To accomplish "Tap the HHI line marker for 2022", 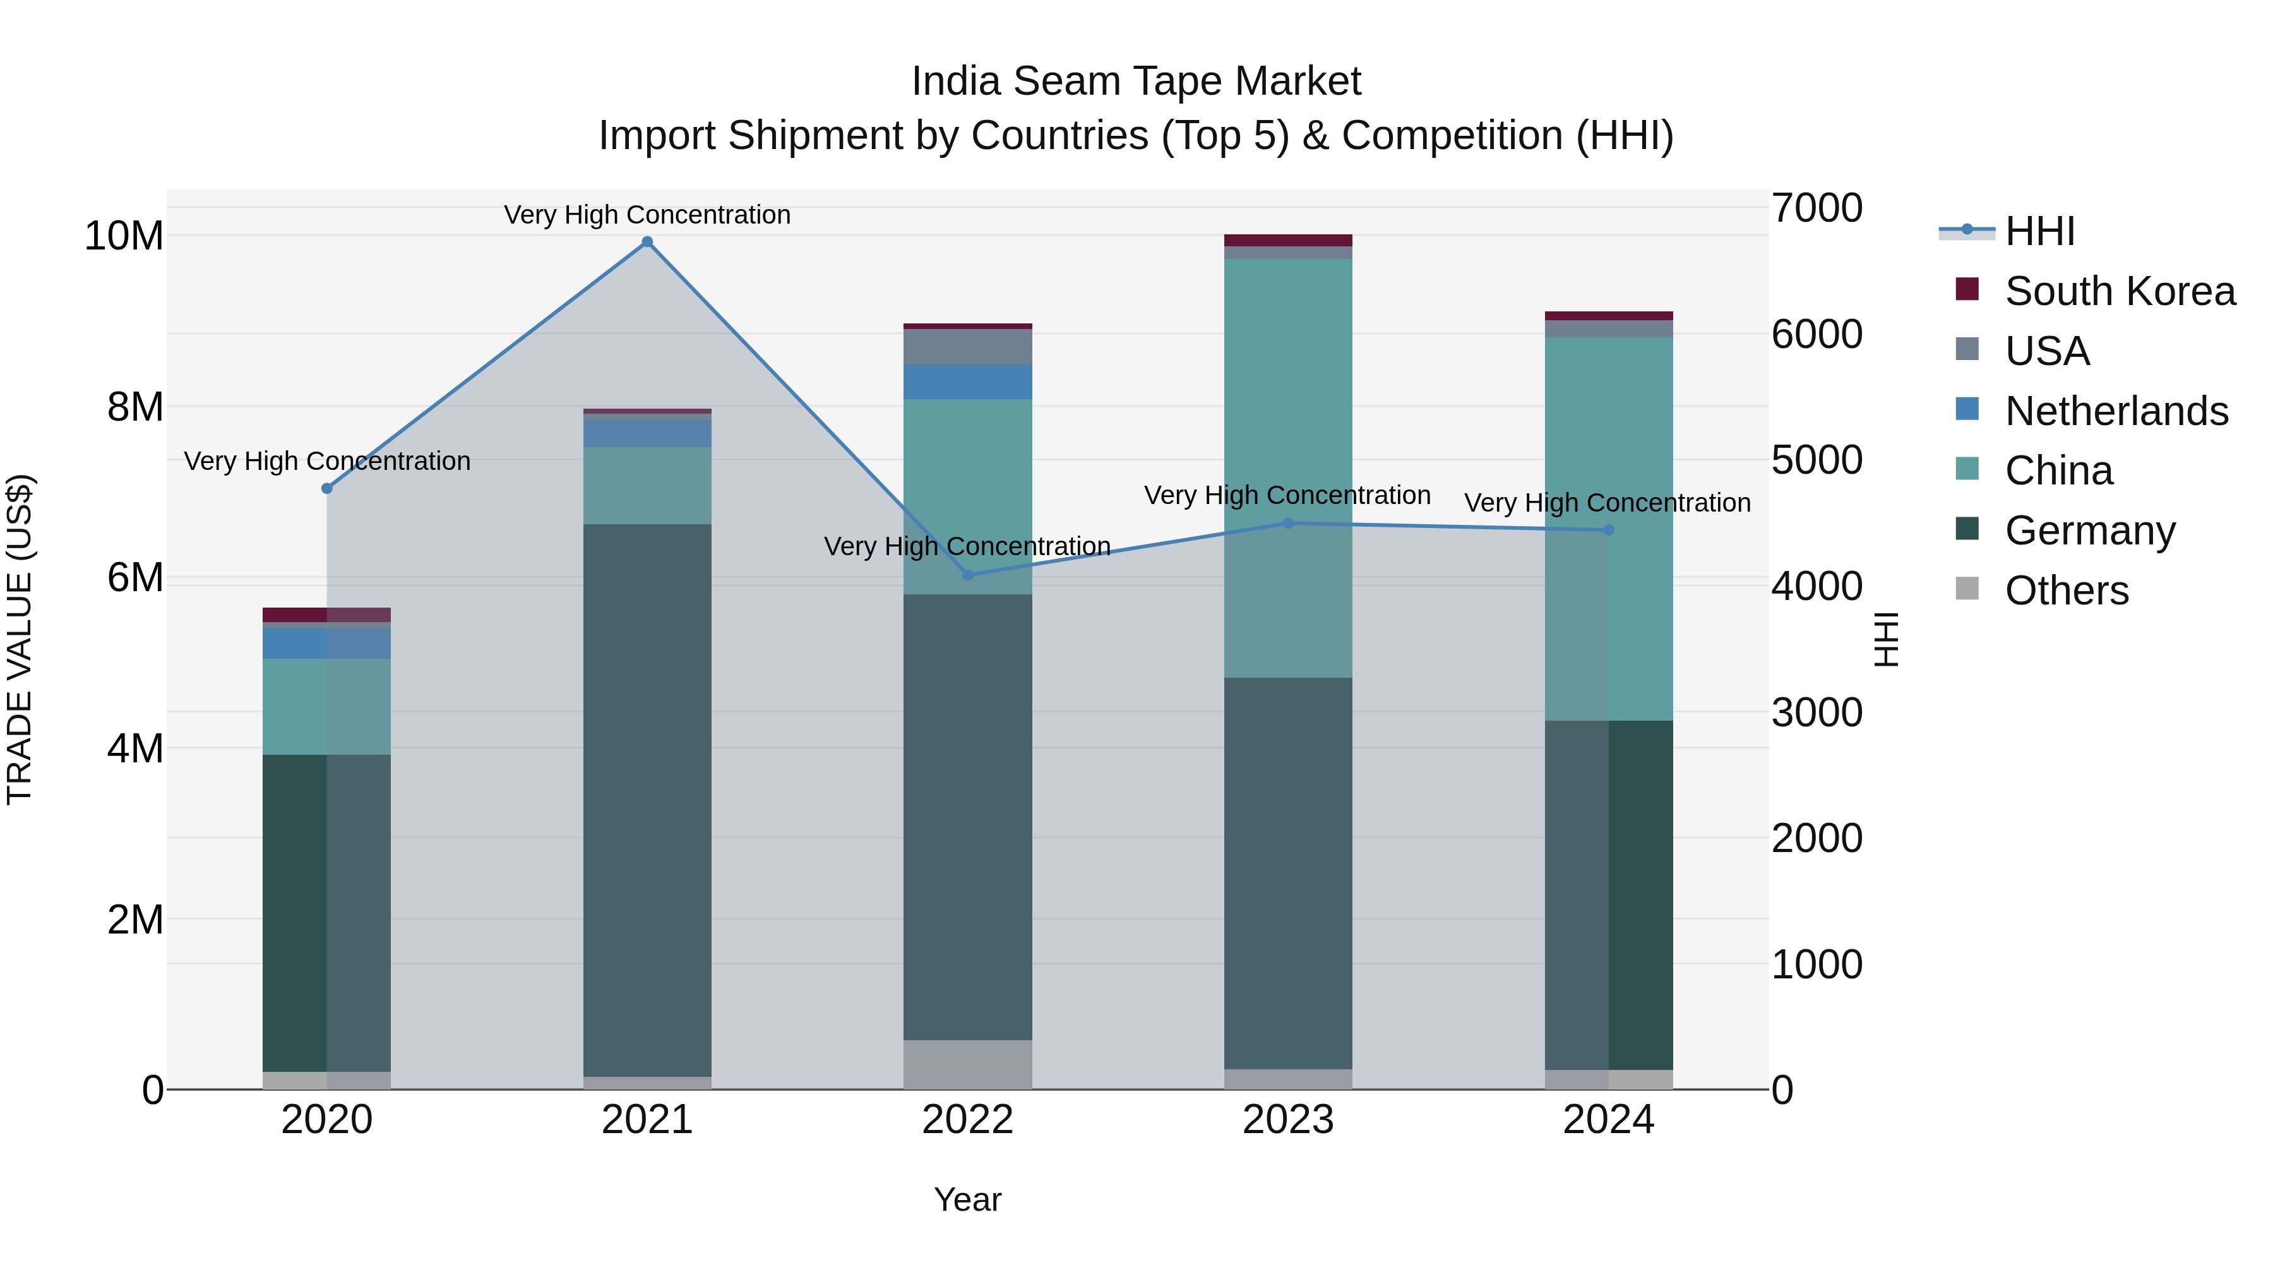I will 967,575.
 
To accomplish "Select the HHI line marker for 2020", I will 326,488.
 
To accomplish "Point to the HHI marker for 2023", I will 1287,524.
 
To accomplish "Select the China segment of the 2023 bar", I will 1287,468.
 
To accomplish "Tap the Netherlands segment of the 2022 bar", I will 967,381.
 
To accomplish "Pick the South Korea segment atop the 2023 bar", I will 1287,240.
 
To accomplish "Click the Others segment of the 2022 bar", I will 967,1064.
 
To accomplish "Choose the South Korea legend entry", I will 2120,291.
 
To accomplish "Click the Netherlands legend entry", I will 2116,411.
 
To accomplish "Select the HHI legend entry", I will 2039,231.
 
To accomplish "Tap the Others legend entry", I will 2066,591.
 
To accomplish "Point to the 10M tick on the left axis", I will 124,236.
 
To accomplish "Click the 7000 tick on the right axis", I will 1816,208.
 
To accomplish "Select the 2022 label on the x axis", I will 967,1120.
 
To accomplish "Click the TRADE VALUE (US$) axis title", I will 20,639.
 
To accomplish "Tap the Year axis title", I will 967,1199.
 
